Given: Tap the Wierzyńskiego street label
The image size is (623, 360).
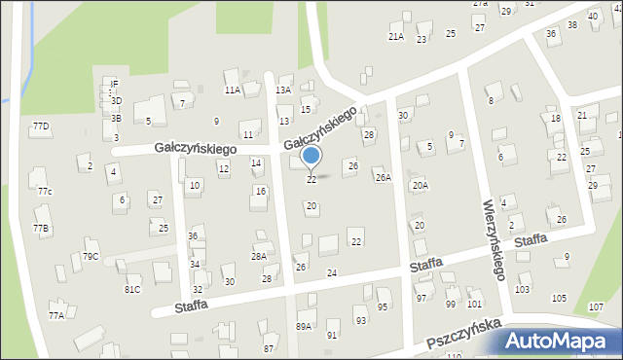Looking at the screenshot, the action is (494, 239).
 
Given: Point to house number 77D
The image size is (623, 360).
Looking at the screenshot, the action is (41, 126).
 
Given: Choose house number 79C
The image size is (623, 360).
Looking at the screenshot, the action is (90, 256).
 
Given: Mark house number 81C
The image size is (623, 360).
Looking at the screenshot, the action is (132, 289).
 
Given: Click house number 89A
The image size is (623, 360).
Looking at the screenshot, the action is (304, 327).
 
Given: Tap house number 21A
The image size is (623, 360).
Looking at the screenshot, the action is (395, 37).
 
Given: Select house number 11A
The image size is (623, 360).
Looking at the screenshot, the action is (232, 90).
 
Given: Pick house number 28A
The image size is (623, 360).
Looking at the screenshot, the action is (258, 256).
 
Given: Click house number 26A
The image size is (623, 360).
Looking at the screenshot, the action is (384, 177).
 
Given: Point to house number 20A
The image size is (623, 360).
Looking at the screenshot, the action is (420, 184).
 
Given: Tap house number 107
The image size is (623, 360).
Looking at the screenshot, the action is (596, 307).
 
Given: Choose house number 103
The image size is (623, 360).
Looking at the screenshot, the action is (523, 289).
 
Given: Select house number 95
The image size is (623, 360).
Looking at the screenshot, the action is (383, 306).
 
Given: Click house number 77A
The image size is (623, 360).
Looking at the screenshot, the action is (56, 314).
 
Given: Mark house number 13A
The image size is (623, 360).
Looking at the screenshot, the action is (282, 90).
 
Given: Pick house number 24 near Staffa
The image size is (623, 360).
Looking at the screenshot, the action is (331, 272).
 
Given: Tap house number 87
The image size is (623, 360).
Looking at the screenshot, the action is (269, 347).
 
